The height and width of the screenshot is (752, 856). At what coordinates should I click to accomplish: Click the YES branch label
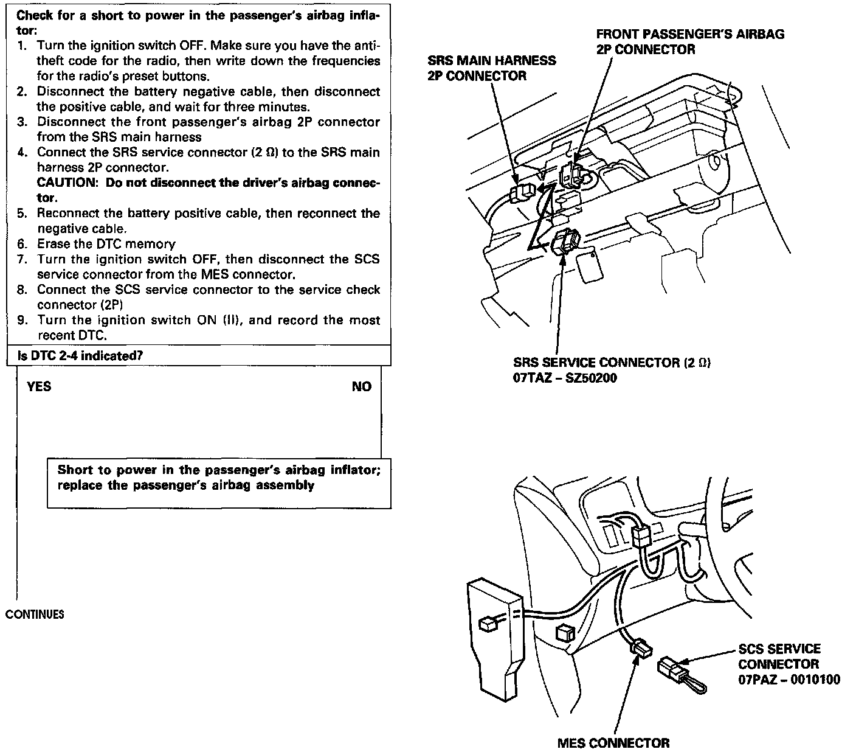pyautogui.click(x=39, y=387)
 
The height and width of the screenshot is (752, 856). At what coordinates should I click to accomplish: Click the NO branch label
pyautogui.click(x=361, y=387)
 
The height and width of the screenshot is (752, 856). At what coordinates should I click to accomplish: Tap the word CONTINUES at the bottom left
pyautogui.click(x=35, y=614)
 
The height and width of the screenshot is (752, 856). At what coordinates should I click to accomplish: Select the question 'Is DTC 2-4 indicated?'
pyautogui.click(x=80, y=355)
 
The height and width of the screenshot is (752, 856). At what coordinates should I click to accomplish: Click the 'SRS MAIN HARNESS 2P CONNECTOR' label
pyautogui.click(x=491, y=68)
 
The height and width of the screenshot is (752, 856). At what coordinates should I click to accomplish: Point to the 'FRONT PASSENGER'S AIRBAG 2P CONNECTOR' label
pyautogui.click(x=689, y=41)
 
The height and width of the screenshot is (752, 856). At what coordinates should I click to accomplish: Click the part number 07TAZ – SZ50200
pyautogui.click(x=565, y=378)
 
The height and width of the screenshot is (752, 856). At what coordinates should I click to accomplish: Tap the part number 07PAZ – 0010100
pyautogui.click(x=789, y=679)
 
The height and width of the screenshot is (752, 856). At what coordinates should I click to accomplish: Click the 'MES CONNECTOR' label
pyautogui.click(x=613, y=743)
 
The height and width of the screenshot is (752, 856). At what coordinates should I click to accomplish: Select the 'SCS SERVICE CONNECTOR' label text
pyautogui.click(x=779, y=656)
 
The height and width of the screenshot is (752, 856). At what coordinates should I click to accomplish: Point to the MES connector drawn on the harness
pyautogui.click(x=641, y=649)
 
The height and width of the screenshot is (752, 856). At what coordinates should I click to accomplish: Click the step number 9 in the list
pyautogui.click(x=22, y=321)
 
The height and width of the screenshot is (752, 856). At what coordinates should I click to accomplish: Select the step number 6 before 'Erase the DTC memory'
pyautogui.click(x=22, y=245)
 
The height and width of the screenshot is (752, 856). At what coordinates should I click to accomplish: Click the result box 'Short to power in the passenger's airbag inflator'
pyautogui.click(x=218, y=478)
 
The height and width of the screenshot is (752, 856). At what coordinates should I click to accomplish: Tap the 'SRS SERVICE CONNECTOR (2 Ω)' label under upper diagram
pyautogui.click(x=612, y=363)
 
